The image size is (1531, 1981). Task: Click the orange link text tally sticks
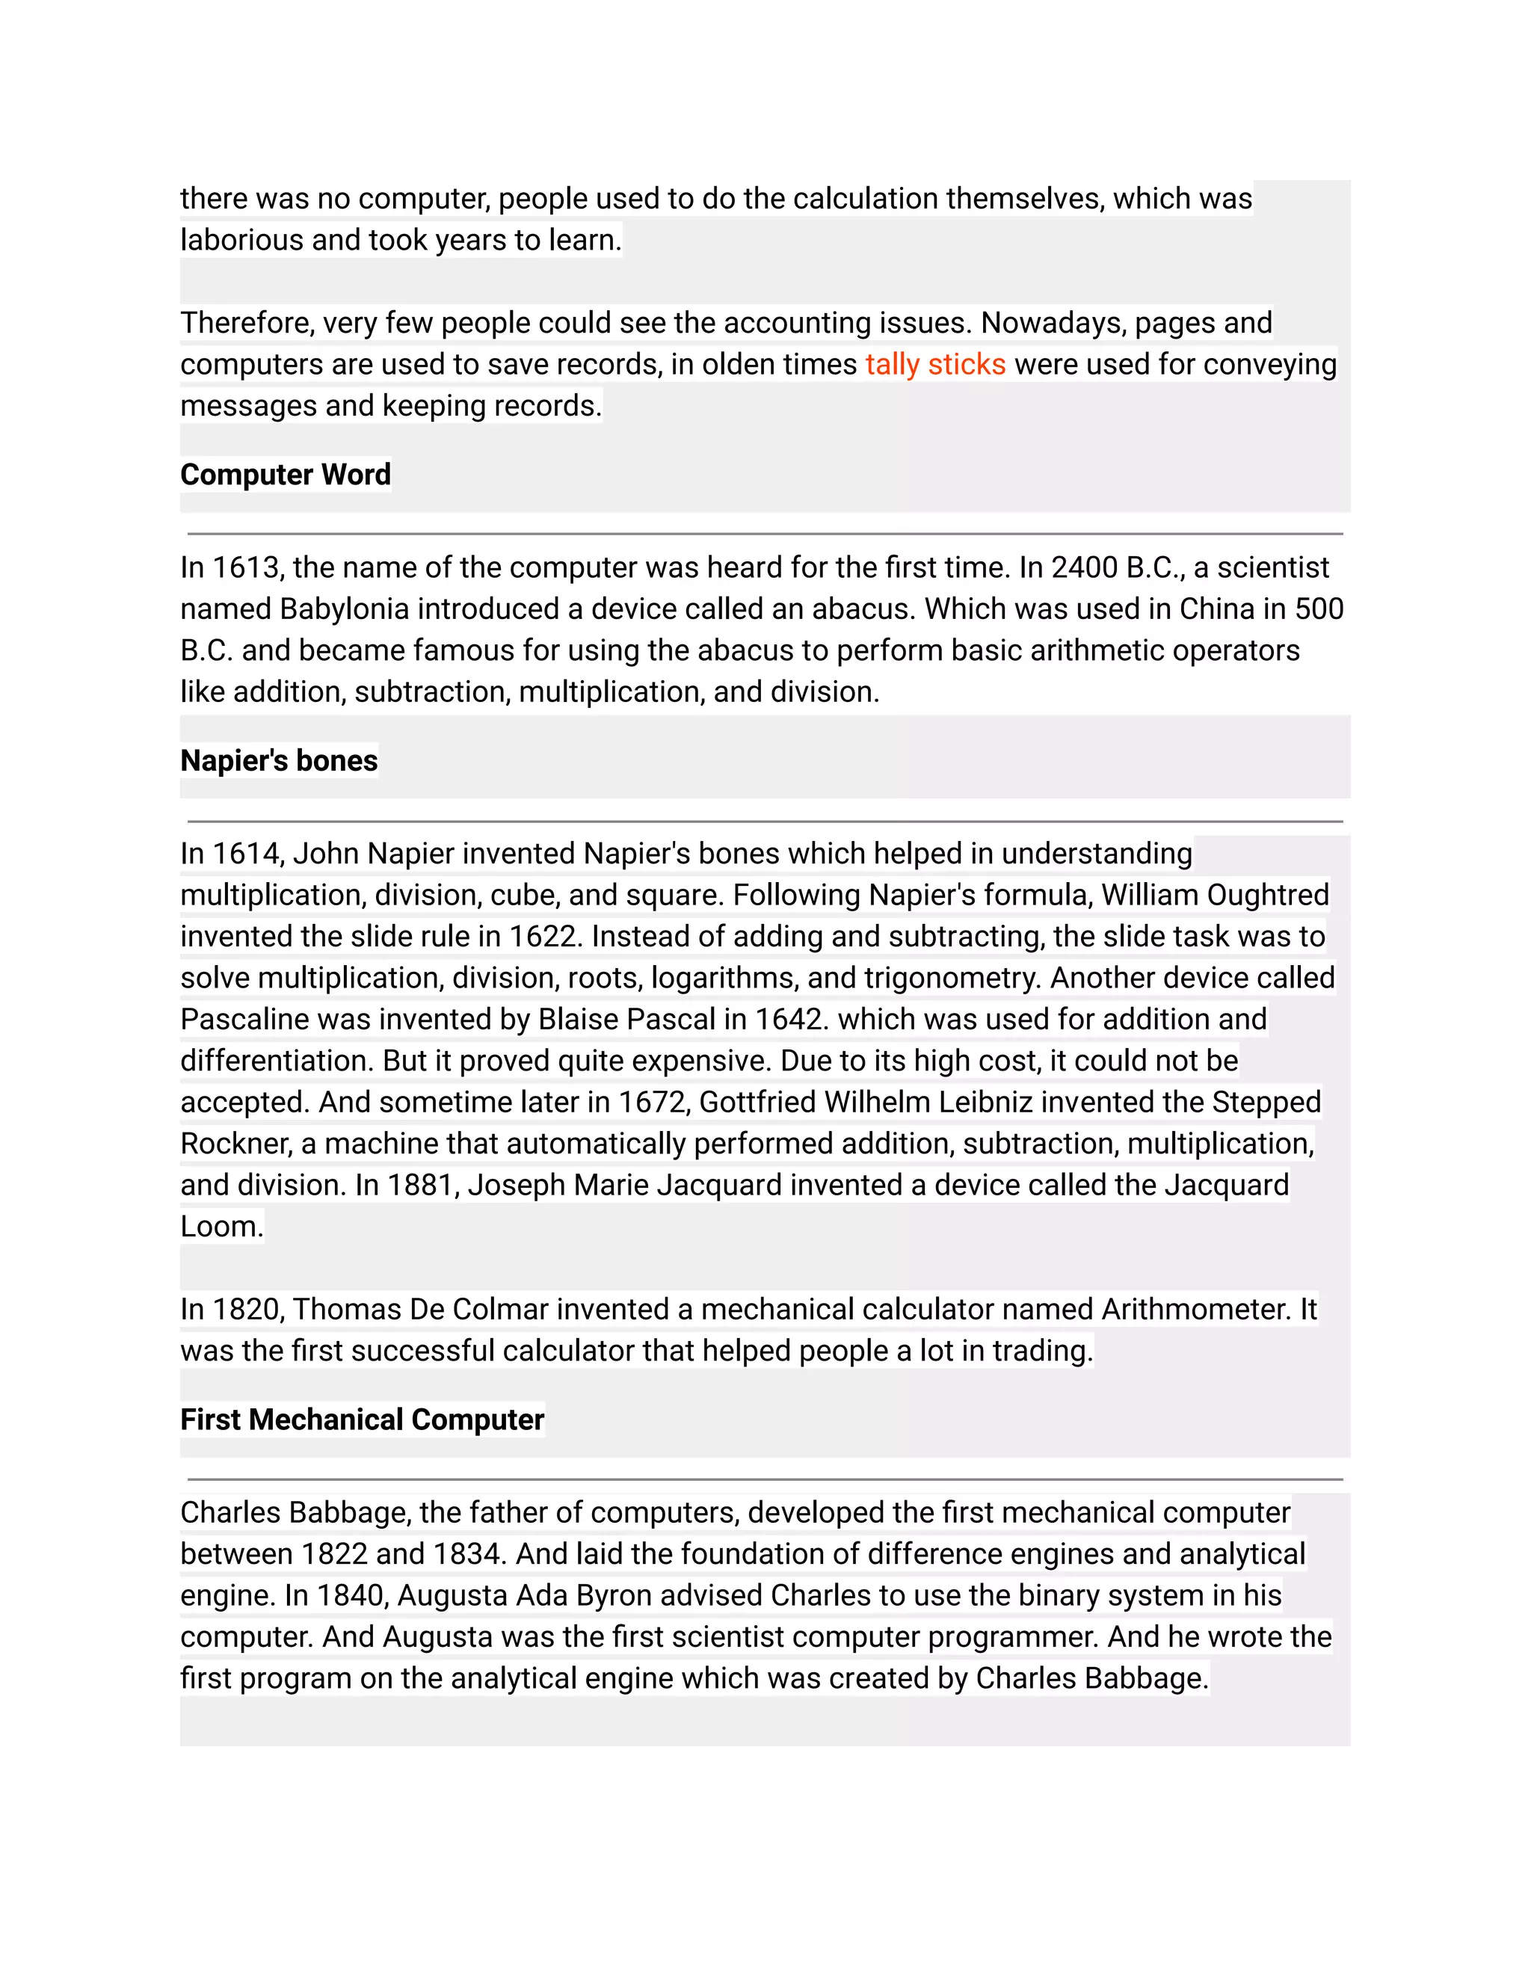[x=935, y=365]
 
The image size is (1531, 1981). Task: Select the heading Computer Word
[x=286, y=475]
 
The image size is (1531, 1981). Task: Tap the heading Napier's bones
[x=280, y=760]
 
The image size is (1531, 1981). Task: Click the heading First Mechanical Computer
[x=362, y=1420]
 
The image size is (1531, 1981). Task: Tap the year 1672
[x=654, y=1102]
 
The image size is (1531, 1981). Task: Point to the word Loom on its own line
[x=221, y=1226]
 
